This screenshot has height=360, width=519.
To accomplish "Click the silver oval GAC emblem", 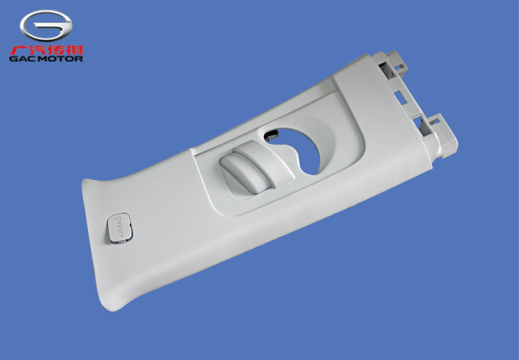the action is (x=46, y=26).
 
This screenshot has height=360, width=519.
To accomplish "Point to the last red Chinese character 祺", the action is (x=75, y=50).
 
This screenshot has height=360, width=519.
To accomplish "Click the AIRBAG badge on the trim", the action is (x=120, y=228).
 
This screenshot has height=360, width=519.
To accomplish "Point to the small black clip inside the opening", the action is (x=271, y=134).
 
